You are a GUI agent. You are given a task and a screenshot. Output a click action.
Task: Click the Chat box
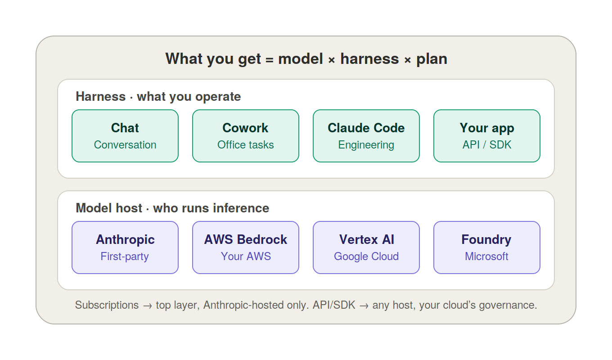tap(125, 136)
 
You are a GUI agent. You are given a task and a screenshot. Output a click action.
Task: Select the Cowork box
tap(246, 136)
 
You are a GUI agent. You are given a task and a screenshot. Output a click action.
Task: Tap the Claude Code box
tap(366, 136)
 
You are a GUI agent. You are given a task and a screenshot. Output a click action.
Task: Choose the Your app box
tap(487, 136)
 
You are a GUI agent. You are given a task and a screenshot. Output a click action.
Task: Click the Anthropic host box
tap(125, 247)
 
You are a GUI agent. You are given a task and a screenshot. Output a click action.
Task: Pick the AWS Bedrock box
tap(246, 247)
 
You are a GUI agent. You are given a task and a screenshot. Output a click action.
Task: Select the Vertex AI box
tap(366, 247)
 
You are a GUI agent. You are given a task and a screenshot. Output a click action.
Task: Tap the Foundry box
tap(487, 247)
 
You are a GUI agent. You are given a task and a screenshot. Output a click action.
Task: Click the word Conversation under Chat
tap(125, 145)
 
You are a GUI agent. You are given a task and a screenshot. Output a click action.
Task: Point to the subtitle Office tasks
tap(246, 145)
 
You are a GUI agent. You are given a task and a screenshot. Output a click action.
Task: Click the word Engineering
tap(366, 145)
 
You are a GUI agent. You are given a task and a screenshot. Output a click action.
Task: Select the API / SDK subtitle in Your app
tap(487, 145)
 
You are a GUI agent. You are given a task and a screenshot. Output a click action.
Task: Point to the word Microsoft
tap(486, 256)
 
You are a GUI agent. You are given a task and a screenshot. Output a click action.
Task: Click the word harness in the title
tap(369, 59)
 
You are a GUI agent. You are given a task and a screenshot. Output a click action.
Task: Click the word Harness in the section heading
tap(100, 96)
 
